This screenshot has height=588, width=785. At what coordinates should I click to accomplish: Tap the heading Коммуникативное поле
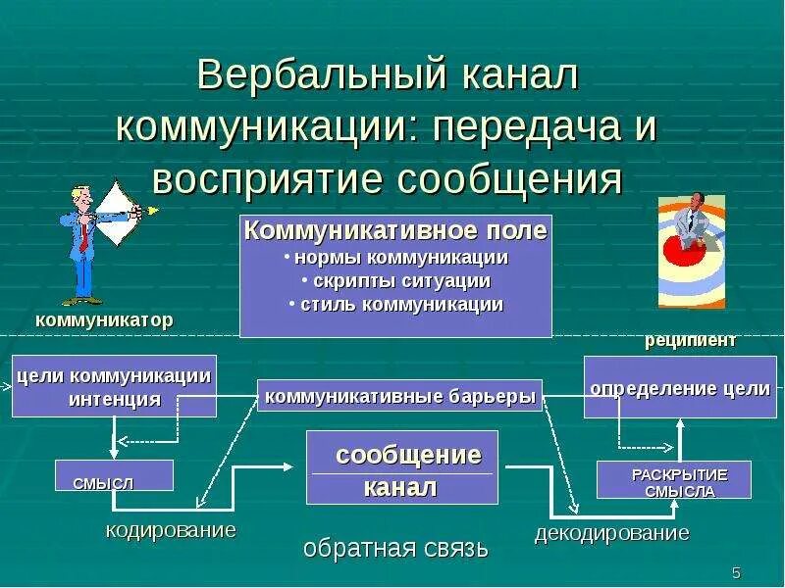click(x=395, y=231)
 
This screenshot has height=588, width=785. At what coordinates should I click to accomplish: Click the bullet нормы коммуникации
click(x=395, y=258)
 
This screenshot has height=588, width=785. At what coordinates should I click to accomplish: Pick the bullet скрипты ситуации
click(x=395, y=281)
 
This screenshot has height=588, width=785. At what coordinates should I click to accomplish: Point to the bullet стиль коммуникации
click(x=395, y=305)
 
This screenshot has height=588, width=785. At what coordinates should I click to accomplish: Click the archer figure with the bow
click(x=98, y=240)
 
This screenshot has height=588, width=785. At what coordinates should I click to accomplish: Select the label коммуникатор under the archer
click(x=104, y=320)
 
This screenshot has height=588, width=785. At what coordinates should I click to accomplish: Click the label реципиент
click(x=690, y=341)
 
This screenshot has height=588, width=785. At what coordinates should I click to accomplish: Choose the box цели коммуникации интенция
click(x=114, y=386)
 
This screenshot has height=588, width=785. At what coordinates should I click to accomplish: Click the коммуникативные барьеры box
click(x=399, y=396)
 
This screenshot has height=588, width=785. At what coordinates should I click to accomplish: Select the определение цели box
click(x=679, y=388)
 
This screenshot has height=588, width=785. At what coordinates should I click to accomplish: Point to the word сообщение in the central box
click(x=408, y=456)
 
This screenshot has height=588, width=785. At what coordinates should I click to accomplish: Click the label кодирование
click(x=171, y=530)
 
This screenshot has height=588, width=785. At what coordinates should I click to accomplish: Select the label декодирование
click(x=611, y=534)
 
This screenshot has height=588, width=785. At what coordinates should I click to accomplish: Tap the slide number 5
click(x=736, y=572)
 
